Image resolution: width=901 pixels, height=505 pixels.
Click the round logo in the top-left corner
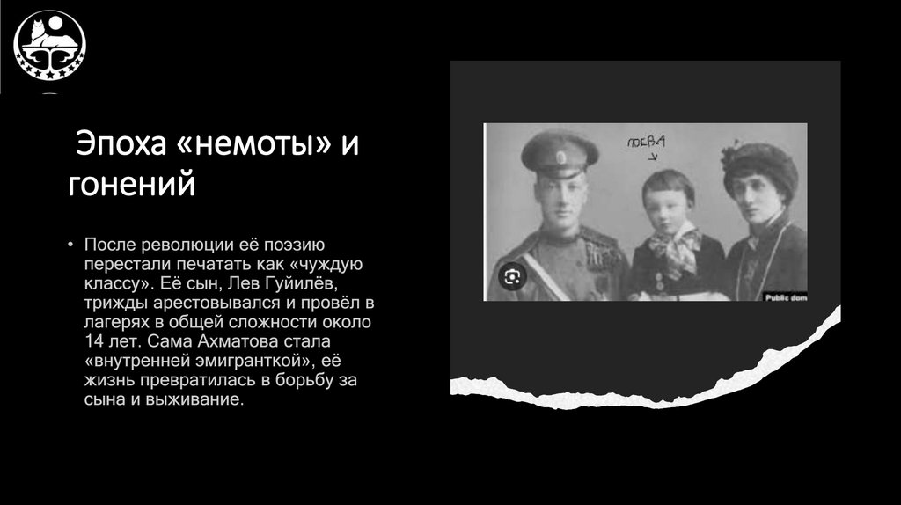click(x=49, y=45)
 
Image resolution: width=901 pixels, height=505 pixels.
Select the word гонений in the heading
click(x=131, y=185)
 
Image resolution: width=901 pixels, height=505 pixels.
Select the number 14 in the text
click(x=95, y=340)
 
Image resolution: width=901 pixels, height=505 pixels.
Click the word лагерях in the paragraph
click(x=115, y=320)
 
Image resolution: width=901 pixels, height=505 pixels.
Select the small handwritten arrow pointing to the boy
click(x=652, y=157)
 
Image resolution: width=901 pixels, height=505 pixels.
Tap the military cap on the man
click(x=559, y=151)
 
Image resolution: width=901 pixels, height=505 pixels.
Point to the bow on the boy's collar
click(x=675, y=245)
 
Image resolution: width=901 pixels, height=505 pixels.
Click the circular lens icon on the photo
click(x=511, y=277)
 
